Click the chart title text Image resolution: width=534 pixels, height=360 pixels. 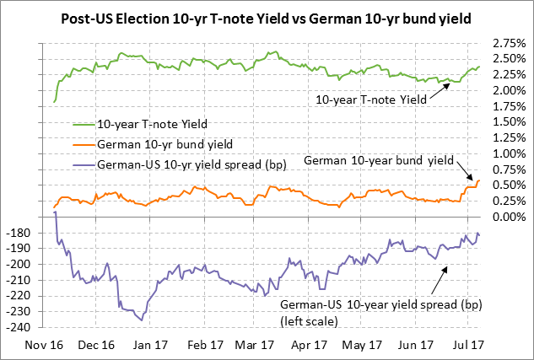267,18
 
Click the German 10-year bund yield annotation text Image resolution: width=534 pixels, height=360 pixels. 379,159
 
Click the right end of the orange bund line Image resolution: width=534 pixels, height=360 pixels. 480,180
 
